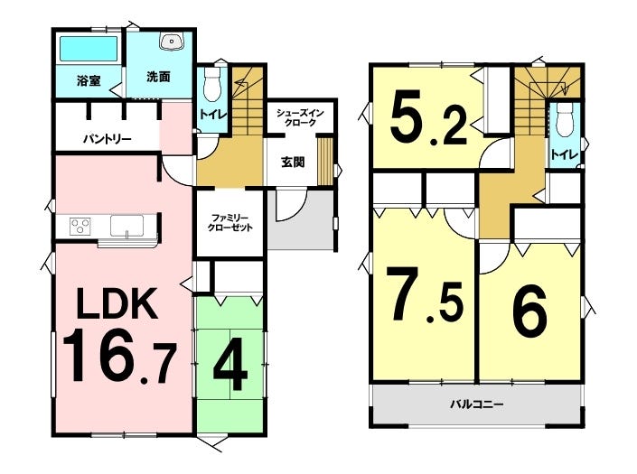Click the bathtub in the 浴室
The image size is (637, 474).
89,49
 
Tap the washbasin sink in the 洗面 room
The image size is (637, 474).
173,42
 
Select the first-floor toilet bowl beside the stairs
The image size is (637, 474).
211,84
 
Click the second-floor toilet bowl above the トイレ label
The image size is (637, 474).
564,120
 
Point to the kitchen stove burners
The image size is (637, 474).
80,226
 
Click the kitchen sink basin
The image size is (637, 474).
126,226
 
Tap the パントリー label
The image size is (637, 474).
108,140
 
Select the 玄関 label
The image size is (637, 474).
293,163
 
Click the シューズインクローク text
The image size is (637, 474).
300,117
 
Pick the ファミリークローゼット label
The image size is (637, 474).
230,222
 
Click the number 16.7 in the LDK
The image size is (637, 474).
119,358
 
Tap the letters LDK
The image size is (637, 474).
117,303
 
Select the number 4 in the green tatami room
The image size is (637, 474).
230,365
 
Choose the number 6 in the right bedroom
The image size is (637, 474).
529,309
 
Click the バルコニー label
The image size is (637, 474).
477,404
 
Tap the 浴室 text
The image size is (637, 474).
89,80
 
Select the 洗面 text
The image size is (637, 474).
158,77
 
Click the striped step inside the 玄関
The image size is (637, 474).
325,161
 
